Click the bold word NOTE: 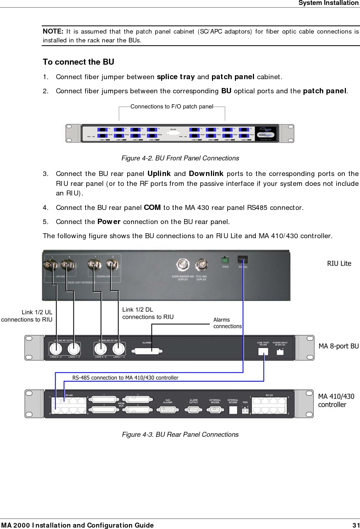point(53,31)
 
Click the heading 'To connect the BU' point(78,62)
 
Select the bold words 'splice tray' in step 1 point(176,77)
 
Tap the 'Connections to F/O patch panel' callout point(172,106)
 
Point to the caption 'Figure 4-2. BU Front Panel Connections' point(180,158)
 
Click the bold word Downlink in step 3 point(206,174)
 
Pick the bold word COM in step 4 point(152,207)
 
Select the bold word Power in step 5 point(109,222)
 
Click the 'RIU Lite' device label point(339,263)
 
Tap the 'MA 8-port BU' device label point(338,346)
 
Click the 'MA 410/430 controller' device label point(336,400)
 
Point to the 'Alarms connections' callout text point(227,323)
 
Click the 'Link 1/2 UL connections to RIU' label point(27,316)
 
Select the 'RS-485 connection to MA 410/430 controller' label point(125,378)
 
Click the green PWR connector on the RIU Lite point(225,260)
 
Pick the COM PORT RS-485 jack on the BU point(263,351)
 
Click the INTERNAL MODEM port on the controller point(233,410)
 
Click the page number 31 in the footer point(356,525)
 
